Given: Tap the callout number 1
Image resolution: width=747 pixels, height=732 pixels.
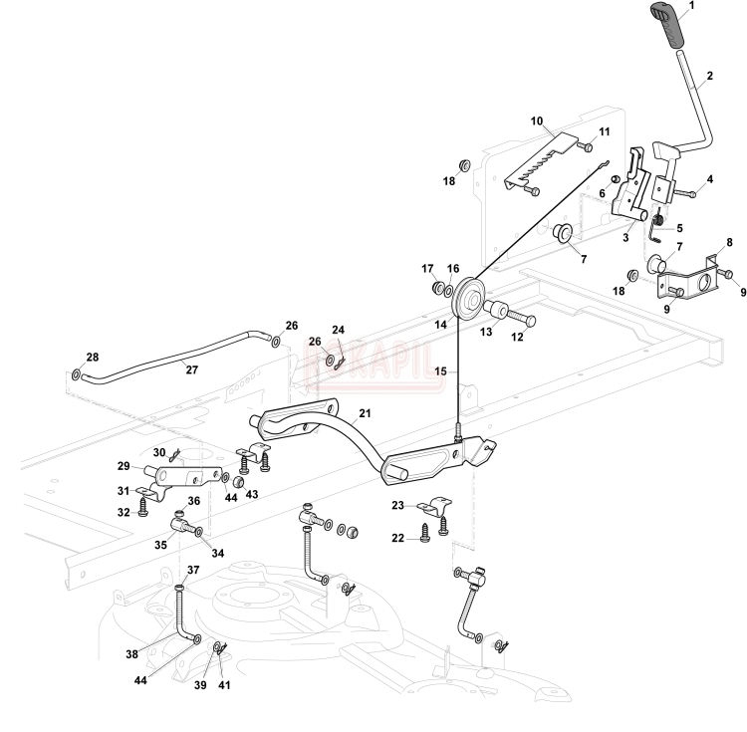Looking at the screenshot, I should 692,5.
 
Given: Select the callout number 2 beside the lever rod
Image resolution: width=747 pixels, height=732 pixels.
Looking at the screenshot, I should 709,76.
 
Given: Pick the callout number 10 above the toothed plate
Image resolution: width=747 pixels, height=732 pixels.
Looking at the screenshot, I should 536,122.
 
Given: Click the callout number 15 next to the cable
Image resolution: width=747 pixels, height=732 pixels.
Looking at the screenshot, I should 440,371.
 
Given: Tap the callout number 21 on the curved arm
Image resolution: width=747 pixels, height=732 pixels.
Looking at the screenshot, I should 364,412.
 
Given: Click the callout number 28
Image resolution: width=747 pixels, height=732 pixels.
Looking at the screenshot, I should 92,357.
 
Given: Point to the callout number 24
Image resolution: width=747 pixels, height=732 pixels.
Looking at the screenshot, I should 338,330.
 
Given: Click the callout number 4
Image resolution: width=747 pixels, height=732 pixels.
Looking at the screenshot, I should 710,180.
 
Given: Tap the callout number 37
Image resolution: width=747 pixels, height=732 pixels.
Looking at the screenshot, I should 193,570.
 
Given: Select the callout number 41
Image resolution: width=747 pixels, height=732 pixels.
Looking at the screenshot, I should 223,685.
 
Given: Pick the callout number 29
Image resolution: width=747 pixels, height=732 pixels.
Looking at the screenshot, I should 124,466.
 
